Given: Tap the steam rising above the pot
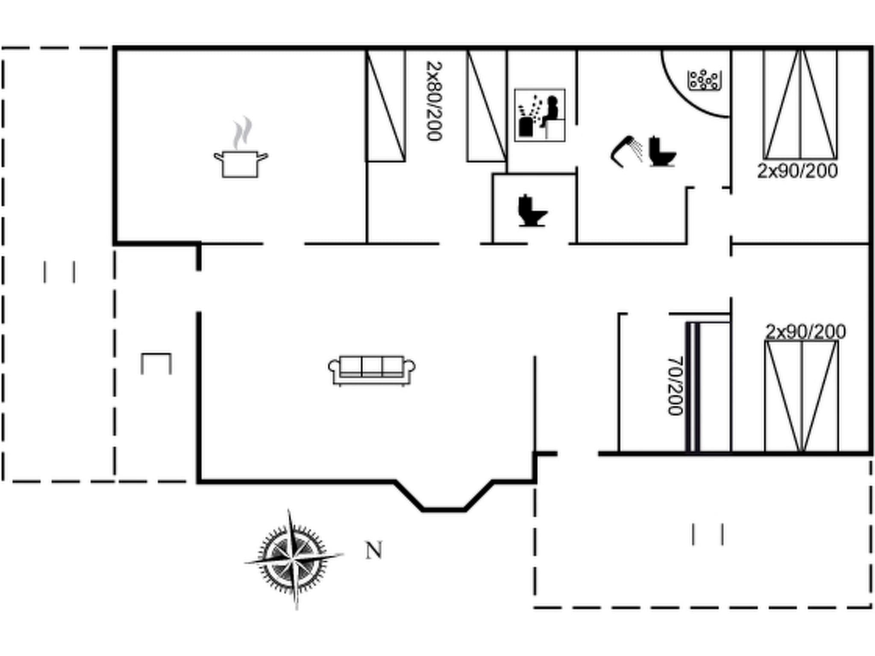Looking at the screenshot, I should (242, 133).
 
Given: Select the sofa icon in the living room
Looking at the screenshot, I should (371, 370).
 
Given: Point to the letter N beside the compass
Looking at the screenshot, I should (374, 551).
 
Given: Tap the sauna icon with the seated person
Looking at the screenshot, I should (540, 115).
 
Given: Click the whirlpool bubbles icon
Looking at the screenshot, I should (704, 80).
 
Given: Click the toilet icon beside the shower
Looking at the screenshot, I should (662, 152).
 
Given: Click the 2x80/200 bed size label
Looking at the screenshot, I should (435, 101).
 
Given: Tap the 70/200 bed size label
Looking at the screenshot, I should (675, 386).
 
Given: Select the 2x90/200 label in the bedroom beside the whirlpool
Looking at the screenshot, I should (797, 171).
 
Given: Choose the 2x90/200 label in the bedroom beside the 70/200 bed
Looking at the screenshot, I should (805, 332).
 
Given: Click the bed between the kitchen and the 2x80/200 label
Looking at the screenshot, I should (385, 106).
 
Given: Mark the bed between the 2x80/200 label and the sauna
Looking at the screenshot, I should (487, 106).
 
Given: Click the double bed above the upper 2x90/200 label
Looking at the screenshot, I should (800, 105).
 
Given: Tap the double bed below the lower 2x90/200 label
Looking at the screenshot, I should (802, 396).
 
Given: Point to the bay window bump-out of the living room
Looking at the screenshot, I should (443, 495).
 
